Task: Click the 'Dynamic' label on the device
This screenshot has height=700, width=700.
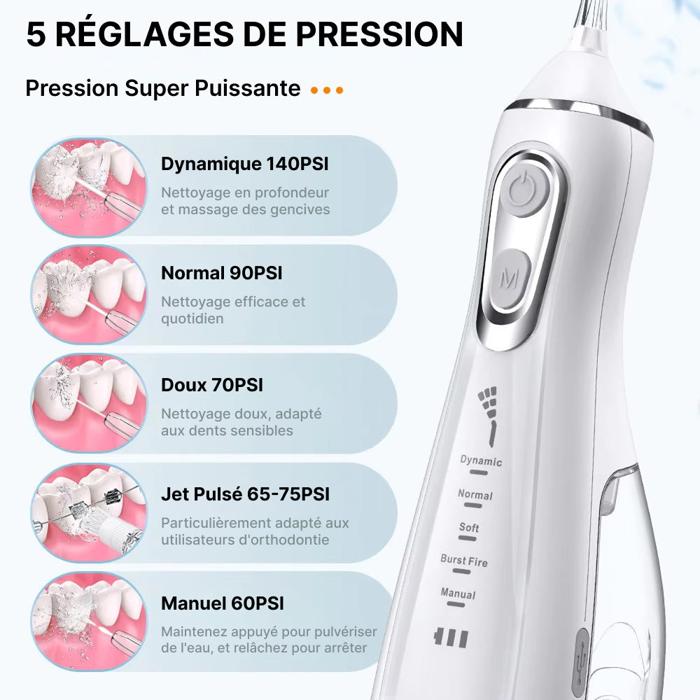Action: click(x=481, y=461)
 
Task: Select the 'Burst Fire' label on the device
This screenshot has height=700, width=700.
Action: click(x=464, y=561)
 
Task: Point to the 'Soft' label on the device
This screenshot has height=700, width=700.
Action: click(x=469, y=528)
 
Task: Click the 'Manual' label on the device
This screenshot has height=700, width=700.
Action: click(x=458, y=594)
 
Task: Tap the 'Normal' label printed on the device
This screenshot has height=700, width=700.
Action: click(x=475, y=494)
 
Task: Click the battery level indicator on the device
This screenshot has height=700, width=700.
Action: click(x=451, y=638)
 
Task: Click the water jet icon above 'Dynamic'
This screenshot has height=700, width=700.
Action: click(x=488, y=416)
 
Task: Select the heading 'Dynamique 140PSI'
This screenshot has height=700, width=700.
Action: click(x=244, y=164)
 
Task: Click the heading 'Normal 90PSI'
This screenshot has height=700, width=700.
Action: click(x=222, y=273)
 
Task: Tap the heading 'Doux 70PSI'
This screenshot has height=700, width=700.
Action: click(x=212, y=385)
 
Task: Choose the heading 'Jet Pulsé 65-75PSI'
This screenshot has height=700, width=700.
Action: click(x=245, y=493)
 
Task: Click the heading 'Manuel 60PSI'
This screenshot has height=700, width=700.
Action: click(x=223, y=603)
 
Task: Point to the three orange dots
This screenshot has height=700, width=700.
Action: click(x=327, y=90)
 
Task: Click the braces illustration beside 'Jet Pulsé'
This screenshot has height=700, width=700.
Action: click(x=89, y=512)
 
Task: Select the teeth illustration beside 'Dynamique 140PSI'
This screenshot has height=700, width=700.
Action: click(x=89, y=187)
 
